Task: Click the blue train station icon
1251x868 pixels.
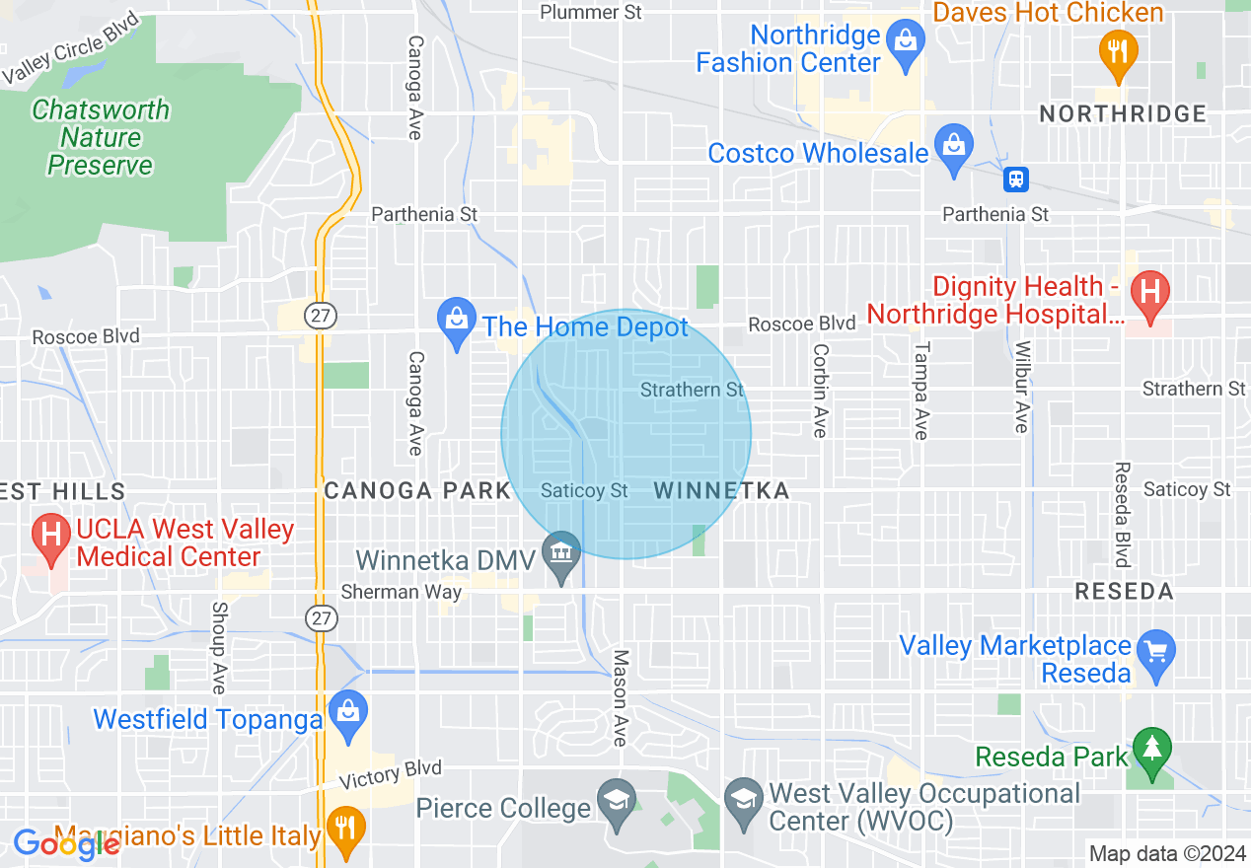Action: point(1015,180)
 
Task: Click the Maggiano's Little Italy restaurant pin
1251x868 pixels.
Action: point(344,830)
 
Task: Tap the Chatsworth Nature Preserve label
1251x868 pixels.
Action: point(101,137)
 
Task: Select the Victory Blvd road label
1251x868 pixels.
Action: point(390,774)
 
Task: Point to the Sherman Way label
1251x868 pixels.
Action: point(401,592)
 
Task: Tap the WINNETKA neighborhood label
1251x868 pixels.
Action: point(721,490)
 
